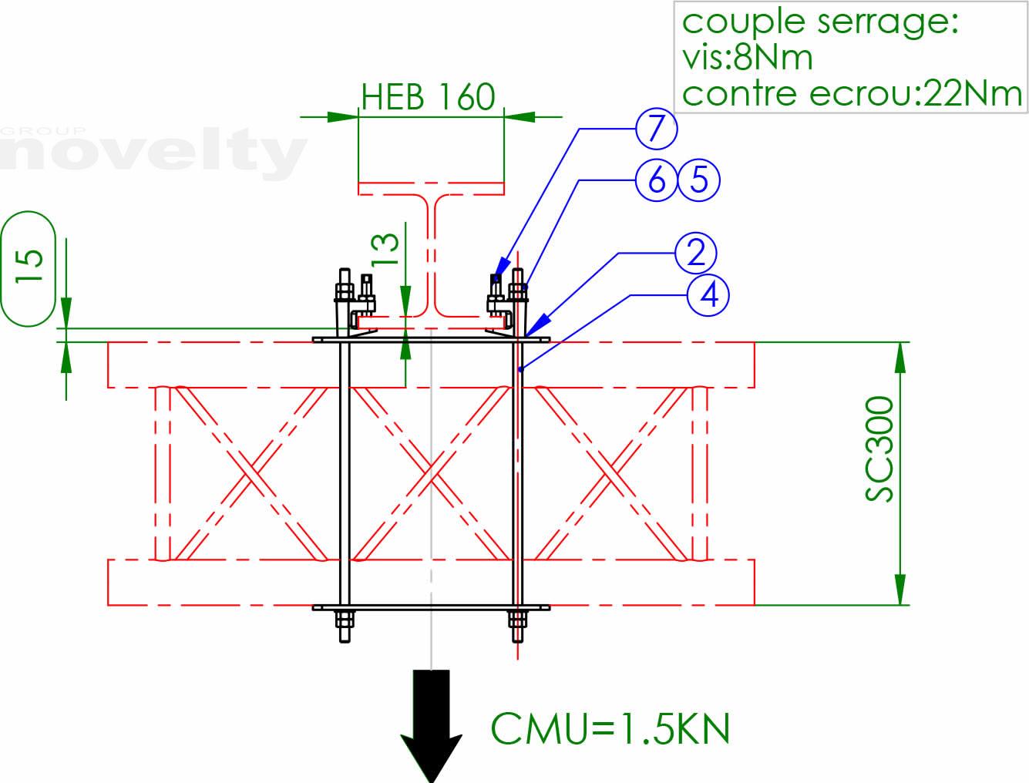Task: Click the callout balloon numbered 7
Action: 656,128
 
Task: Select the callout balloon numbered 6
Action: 656,180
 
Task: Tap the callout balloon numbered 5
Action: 699,180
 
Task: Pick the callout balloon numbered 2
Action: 696,253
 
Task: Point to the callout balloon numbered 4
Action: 709,294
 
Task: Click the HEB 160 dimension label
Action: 428,97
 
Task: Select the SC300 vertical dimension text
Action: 879,449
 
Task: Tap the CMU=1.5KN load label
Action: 610,728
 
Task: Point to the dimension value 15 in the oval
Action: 29,267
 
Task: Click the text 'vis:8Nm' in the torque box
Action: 747,58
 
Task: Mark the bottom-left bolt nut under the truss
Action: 345,620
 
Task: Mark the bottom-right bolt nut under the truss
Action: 517,620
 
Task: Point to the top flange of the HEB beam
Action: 431,188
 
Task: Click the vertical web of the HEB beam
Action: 431,254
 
